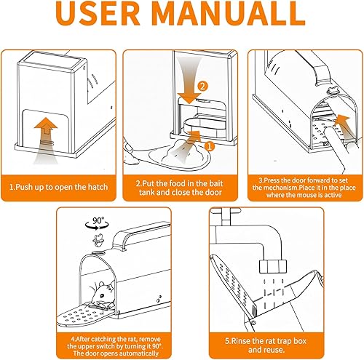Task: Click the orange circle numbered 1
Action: tap(209, 145)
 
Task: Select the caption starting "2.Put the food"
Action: tap(182, 188)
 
